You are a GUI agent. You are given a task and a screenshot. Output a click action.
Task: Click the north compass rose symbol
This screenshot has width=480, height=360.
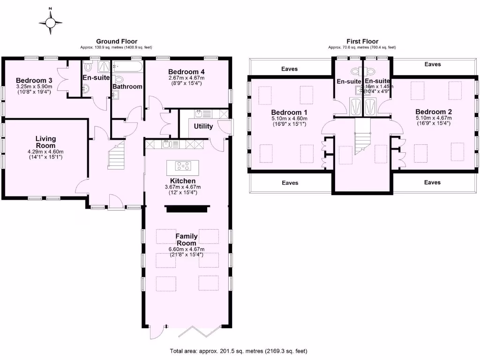click(x=51, y=22)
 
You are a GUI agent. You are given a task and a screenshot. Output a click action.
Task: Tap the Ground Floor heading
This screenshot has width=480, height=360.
click(x=117, y=41)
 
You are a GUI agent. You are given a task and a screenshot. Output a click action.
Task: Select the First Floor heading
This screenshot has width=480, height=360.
click(x=362, y=41)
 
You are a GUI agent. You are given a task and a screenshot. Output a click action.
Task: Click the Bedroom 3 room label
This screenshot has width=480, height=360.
click(x=34, y=80)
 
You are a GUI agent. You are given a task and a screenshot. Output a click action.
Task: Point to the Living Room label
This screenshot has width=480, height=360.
click(x=45, y=142)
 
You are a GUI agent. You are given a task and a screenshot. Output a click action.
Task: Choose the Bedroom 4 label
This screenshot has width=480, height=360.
click(x=187, y=71)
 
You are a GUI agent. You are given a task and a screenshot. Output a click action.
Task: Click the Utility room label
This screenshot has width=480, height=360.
click(x=203, y=126)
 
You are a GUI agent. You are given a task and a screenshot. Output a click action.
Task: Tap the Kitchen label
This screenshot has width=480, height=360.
click(x=183, y=180)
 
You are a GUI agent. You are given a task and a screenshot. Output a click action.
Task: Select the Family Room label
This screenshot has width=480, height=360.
click(x=187, y=240)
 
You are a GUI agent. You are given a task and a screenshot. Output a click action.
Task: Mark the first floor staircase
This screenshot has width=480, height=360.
click(x=362, y=137)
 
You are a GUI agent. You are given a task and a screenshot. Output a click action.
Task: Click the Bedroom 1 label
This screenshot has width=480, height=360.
click(x=289, y=112)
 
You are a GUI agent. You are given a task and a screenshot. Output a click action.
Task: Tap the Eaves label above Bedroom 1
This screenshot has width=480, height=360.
click(x=290, y=69)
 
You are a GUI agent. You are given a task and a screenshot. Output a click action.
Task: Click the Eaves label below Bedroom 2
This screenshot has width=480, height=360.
click(x=432, y=182)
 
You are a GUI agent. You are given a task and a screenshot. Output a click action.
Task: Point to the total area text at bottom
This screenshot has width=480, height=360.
click(x=238, y=351)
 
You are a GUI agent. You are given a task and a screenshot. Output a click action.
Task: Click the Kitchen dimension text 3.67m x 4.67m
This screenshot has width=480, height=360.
click(x=187, y=187)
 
